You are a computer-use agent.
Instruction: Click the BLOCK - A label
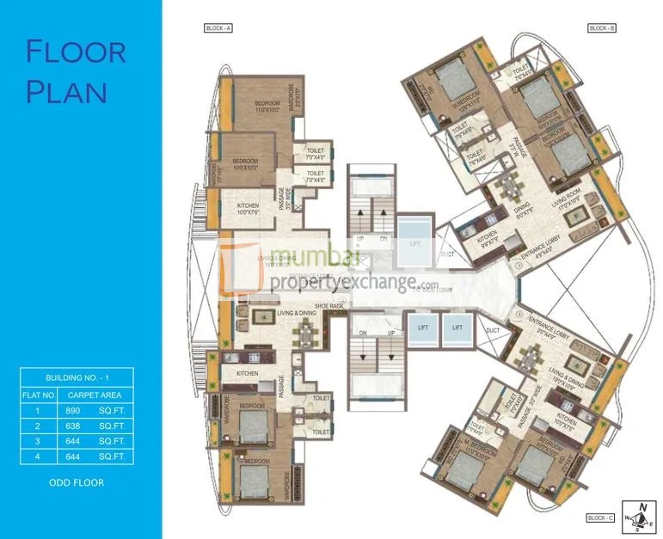point(218,28)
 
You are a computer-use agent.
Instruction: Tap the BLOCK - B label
point(600,28)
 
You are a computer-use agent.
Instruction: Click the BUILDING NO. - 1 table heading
point(77,377)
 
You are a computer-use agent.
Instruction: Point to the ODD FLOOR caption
point(77,482)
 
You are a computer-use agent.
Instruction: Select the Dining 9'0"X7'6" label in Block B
point(521,205)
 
